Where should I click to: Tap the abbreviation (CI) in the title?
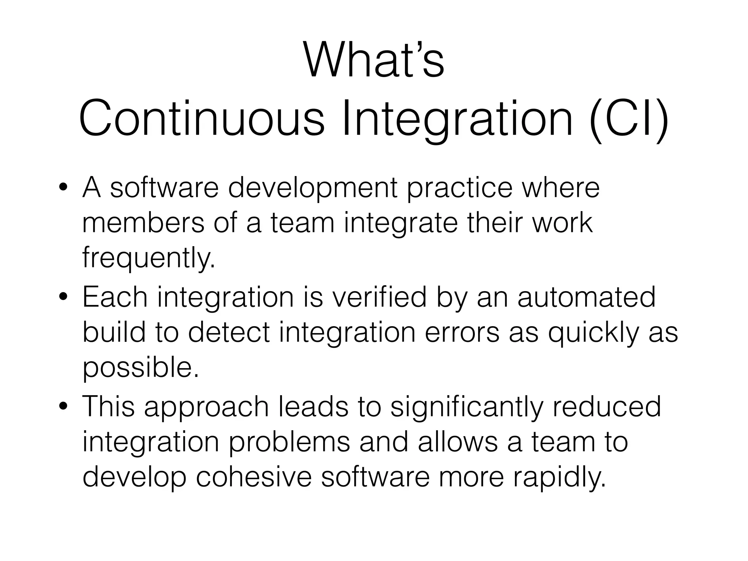629,119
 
